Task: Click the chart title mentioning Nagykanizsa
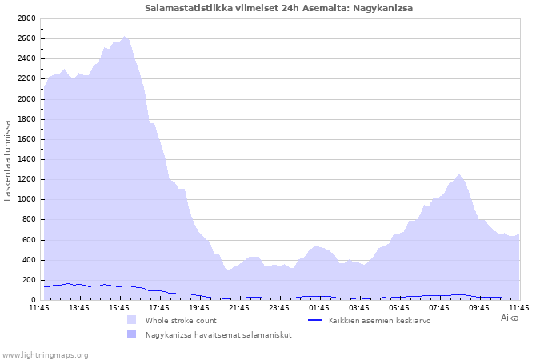click(x=278, y=8)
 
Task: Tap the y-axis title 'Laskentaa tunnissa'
click(x=7, y=161)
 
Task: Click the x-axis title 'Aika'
click(x=510, y=318)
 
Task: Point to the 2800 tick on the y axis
click(x=26, y=18)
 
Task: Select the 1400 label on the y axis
click(x=26, y=159)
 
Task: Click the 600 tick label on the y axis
click(x=29, y=240)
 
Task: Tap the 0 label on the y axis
click(x=34, y=300)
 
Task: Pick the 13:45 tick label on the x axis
click(x=79, y=308)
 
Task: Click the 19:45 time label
click(x=199, y=308)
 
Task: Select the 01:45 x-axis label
click(x=319, y=308)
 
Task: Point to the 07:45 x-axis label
click(x=439, y=308)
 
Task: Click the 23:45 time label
click(x=279, y=308)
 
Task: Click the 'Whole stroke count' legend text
click(x=181, y=321)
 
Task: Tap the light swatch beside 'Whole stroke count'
click(x=131, y=320)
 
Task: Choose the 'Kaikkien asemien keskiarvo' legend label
click(x=380, y=321)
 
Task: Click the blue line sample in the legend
click(x=314, y=320)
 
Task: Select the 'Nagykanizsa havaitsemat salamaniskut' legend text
click(x=218, y=335)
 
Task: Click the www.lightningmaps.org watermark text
click(x=45, y=355)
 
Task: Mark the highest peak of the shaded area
click(x=124, y=36)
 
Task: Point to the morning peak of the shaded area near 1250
click(x=458, y=174)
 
